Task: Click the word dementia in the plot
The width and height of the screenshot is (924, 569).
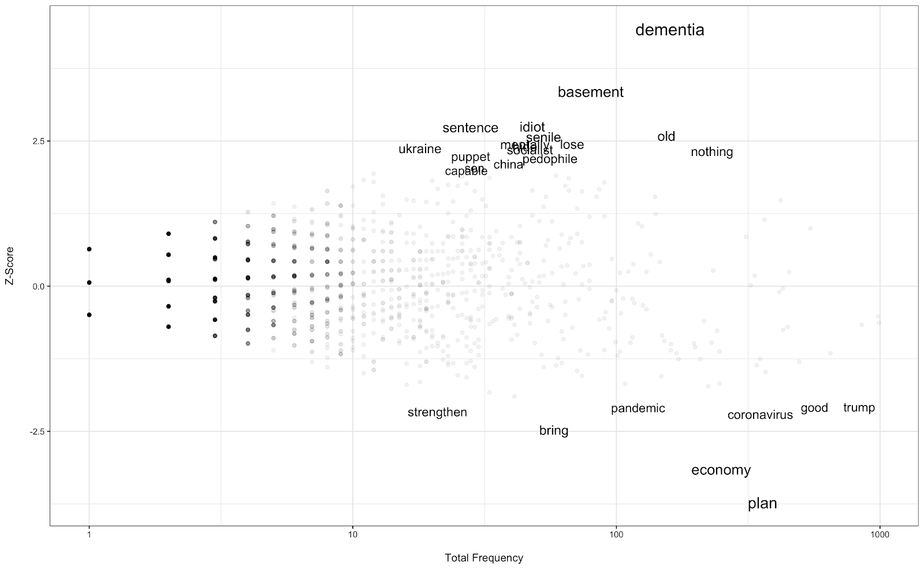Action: click(x=669, y=30)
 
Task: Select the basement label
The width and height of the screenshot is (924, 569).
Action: click(x=590, y=92)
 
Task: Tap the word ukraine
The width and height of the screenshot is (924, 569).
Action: click(x=419, y=149)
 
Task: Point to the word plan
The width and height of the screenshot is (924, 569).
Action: click(x=762, y=504)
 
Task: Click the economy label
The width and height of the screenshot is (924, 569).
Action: click(x=721, y=470)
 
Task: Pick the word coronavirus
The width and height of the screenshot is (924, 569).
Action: click(x=759, y=415)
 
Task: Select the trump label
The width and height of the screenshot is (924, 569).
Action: click(x=859, y=408)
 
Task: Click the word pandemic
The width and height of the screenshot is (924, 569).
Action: click(x=638, y=408)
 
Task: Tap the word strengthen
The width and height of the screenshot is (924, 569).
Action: click(x=437, y=412)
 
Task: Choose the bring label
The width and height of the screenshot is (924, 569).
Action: click(x=553, y=431)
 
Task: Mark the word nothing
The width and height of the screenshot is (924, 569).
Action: click(x=711, y=152)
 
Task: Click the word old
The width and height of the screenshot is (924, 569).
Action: click(x=666, y=137)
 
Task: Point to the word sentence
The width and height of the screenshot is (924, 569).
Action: click(x=470, y=128)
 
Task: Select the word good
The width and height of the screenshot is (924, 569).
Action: click(x=814, y=408)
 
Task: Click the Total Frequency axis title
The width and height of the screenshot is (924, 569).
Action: click(x=484, y=558)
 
